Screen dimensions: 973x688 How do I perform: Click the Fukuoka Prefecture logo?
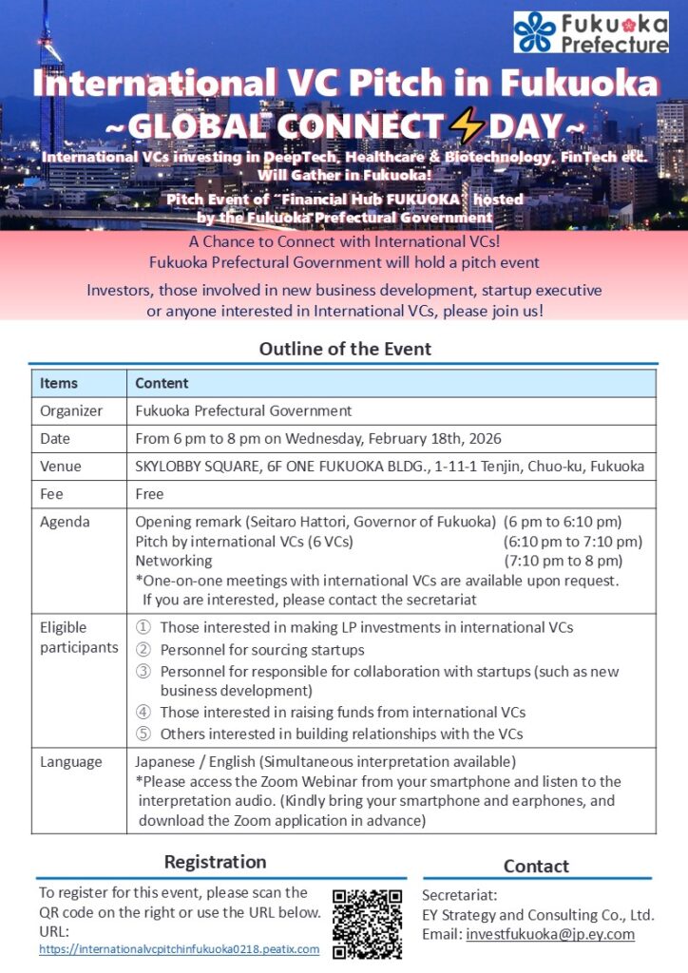point(590,31)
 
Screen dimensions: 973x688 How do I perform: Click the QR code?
point(367,922)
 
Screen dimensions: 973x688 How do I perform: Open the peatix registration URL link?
point(179,949)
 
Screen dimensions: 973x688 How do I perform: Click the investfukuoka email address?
point(550,934)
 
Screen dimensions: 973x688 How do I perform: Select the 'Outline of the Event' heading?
point(345,349)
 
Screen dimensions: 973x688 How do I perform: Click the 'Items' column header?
point(59,384)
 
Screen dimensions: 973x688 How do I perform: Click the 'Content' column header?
point(162,384)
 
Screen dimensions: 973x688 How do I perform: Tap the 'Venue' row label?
point(61,467)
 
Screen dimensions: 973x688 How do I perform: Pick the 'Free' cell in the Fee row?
point(149,494)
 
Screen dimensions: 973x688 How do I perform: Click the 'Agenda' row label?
point(65,522)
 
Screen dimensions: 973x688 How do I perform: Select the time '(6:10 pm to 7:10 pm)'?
point(572,542)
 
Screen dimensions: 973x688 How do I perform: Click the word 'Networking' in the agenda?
point(174,561)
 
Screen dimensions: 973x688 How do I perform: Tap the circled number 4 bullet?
point(143,713)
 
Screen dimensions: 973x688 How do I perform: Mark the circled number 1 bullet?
point(143,628)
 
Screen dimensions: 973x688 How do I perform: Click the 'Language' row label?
point(70,762)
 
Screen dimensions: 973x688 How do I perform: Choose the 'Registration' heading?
point(216,862)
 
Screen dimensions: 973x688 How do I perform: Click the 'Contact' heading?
point(536,866)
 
